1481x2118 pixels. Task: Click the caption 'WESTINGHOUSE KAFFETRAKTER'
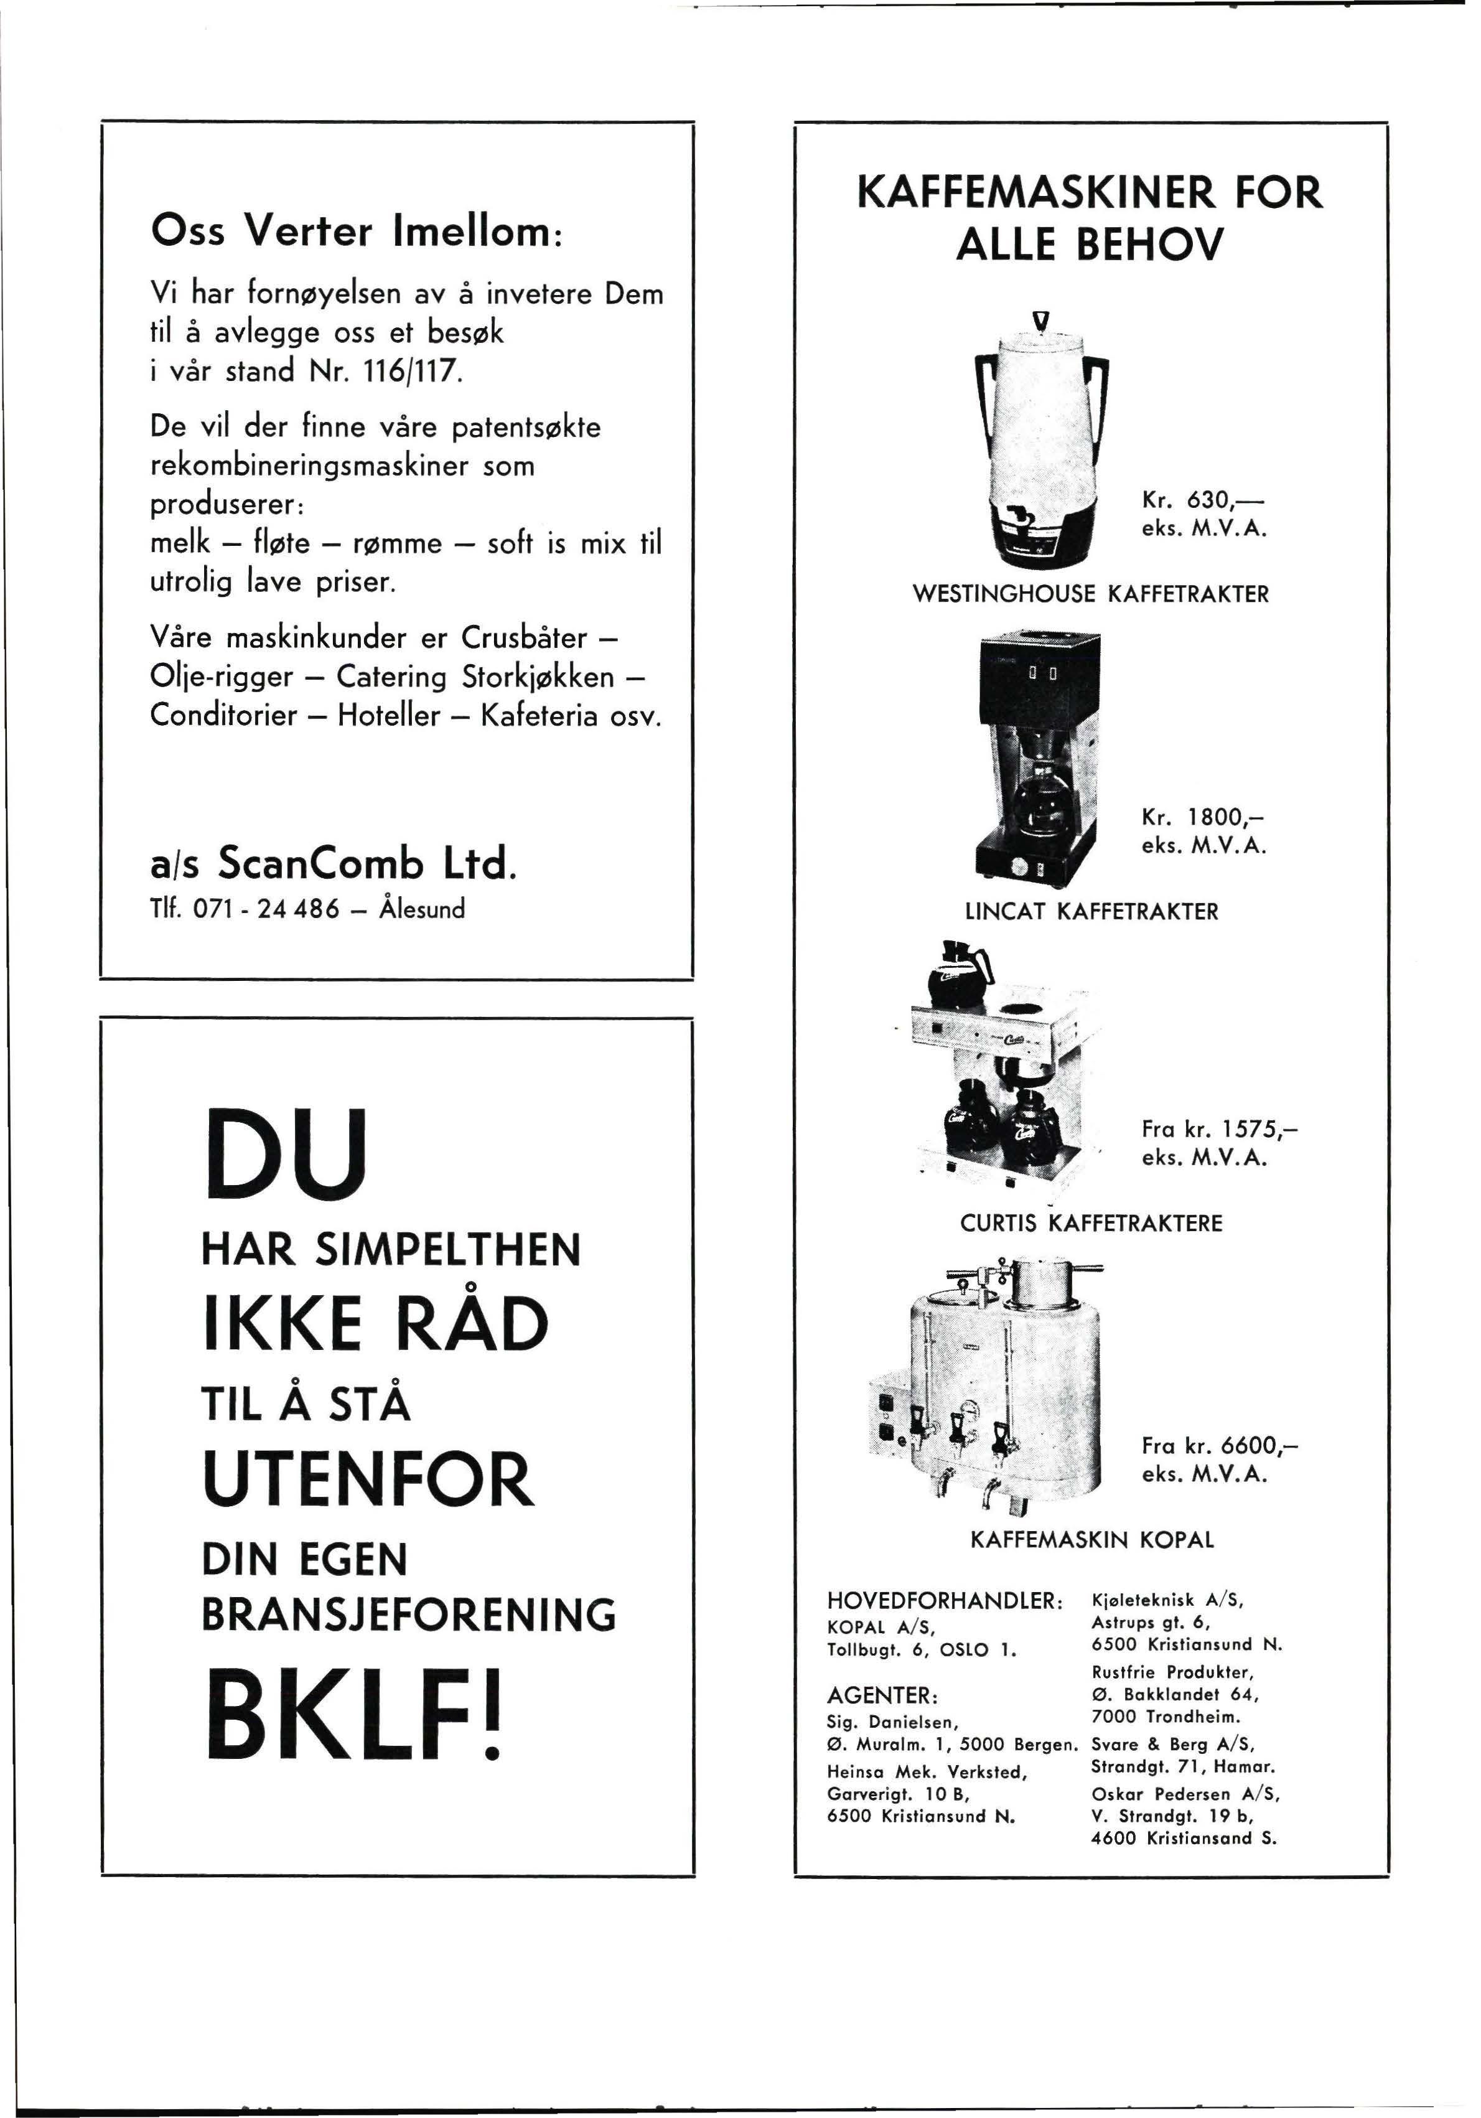(1090, 594)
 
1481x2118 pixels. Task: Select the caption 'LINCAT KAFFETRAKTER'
(1091, 911)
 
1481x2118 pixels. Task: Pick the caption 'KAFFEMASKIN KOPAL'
(1092, 1540)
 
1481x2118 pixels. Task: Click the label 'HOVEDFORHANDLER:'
(946, 1601)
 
